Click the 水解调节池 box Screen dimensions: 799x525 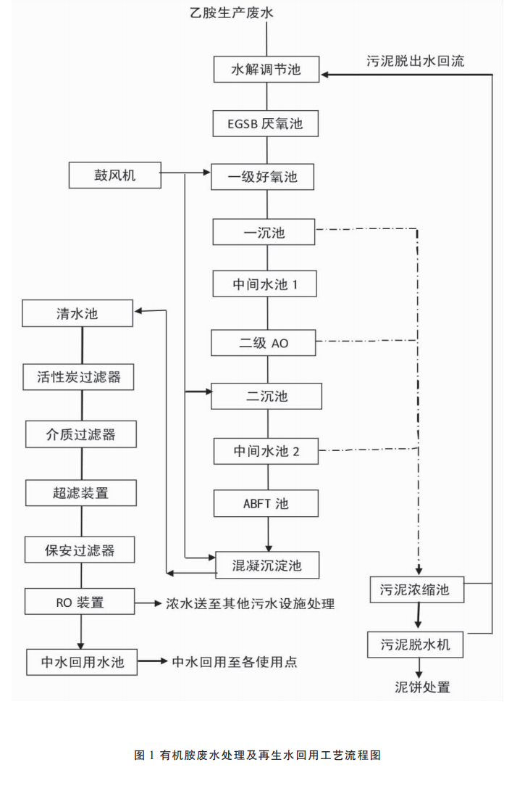266,70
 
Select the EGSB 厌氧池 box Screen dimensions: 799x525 266,123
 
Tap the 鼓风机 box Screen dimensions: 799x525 115,175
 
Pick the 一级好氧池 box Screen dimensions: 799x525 263,176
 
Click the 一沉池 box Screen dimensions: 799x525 264,233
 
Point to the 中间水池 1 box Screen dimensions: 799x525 265,284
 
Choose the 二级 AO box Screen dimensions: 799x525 264,342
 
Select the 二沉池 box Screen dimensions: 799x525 266,396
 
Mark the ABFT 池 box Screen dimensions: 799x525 266,503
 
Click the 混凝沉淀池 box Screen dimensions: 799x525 266,565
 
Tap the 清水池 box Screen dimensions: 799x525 77,314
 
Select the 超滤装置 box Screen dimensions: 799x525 80,493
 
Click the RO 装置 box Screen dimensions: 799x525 80,602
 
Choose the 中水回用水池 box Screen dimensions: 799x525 82,662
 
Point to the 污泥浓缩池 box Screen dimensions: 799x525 415,589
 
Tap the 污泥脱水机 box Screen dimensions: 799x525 415,643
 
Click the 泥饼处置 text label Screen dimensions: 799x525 422,687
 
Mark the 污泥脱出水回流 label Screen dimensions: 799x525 415,61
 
